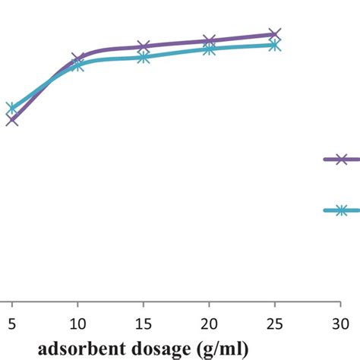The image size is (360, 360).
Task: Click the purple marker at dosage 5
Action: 12,119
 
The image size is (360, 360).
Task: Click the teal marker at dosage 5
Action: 12,108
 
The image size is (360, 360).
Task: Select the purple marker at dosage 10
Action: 78,58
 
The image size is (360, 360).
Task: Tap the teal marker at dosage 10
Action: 78,65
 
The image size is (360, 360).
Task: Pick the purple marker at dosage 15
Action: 144,47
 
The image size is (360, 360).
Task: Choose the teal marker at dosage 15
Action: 144,57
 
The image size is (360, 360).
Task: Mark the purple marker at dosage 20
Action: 209,41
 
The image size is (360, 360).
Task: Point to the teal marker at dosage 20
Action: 209,49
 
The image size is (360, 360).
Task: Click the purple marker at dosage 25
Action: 274,34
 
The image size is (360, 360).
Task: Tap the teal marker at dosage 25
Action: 274,46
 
